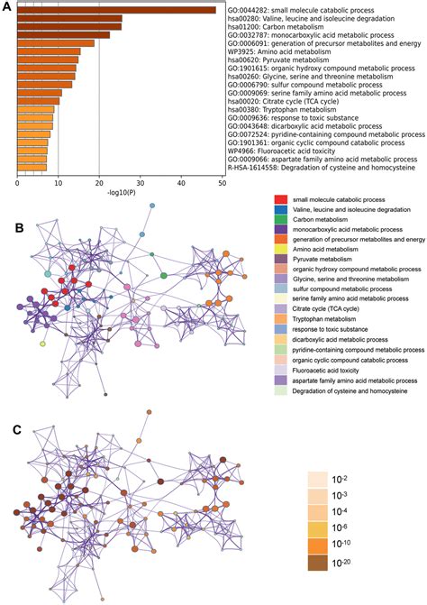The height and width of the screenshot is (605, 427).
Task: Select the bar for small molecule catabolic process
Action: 116,10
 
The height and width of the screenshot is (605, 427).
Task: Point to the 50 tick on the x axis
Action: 224,184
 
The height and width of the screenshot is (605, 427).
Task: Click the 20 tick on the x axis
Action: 100,184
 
